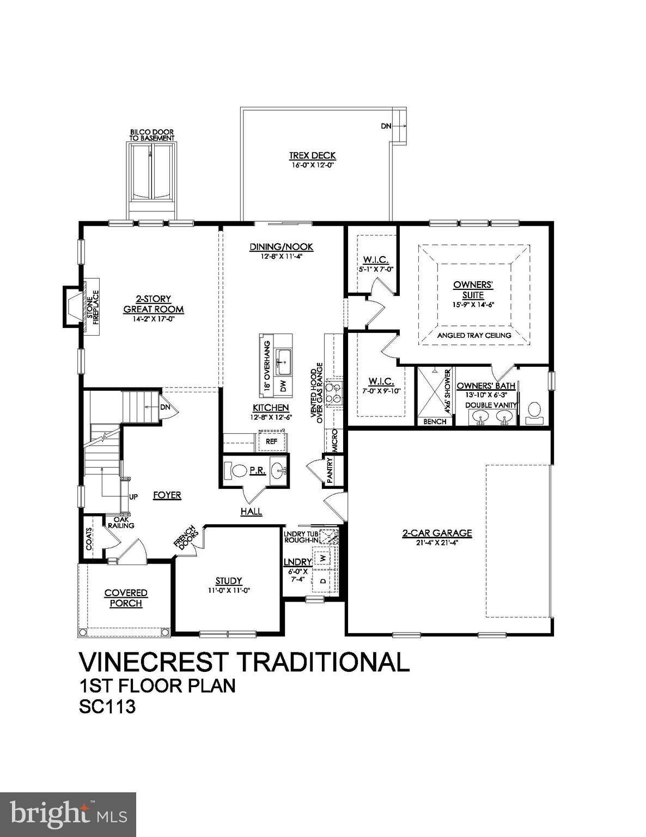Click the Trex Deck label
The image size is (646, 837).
click(312, 156)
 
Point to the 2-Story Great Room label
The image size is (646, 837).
click(153, 304)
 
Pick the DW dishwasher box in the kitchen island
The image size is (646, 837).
click(283, 386)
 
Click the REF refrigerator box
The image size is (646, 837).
click(271, 441)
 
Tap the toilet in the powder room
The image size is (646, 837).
click(238, 470)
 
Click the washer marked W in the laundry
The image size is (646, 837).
click(323, 557)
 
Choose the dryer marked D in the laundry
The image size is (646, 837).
click(323, 581)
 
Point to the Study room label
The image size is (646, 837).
click(228, 581)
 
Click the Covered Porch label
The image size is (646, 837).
click(126, 598)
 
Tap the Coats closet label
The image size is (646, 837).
click(89, 538)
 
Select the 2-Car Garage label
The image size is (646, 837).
click(437, 533)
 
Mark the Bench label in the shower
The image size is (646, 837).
click(435, 421)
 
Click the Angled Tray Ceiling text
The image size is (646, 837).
click(474, 335)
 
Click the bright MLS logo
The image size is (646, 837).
click(68, 814)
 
